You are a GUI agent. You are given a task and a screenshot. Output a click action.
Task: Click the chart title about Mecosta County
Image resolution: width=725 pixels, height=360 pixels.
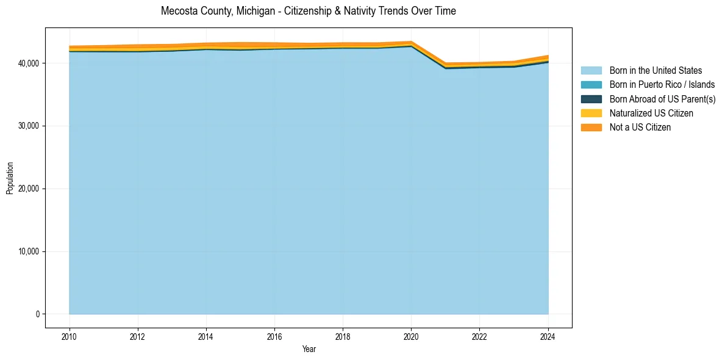308,11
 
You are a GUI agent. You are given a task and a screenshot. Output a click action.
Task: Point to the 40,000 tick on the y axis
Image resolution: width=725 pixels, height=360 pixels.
28,63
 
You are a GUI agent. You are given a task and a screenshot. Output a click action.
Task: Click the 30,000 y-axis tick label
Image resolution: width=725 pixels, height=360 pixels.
28,126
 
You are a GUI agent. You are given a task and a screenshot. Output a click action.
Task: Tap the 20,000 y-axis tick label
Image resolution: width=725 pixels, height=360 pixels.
28,189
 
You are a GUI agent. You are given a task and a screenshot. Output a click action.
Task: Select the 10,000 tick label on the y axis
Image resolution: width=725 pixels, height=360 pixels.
28,252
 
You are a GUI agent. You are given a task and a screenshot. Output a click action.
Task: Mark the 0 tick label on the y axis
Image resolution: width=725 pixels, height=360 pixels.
37,314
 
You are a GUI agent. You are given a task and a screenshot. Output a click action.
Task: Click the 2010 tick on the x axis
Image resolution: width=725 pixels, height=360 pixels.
70,336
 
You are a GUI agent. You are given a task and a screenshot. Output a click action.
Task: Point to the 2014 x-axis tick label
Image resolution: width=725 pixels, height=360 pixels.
206,336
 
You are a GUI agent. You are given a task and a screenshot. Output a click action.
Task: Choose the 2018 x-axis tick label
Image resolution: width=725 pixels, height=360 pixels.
343,336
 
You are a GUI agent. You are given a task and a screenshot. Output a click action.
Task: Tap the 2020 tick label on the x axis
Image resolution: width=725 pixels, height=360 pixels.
411,336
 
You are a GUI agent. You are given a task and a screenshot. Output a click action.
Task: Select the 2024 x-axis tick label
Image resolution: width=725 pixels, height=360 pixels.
548,336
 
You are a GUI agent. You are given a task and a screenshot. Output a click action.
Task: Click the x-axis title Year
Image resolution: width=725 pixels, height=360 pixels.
309,349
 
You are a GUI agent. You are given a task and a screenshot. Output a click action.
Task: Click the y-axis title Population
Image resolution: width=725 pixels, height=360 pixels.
10,178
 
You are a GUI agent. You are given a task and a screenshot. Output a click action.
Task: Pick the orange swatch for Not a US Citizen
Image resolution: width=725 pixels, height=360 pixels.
591,127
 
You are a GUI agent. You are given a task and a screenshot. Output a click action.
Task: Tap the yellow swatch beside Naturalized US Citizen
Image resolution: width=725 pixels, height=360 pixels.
591,113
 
